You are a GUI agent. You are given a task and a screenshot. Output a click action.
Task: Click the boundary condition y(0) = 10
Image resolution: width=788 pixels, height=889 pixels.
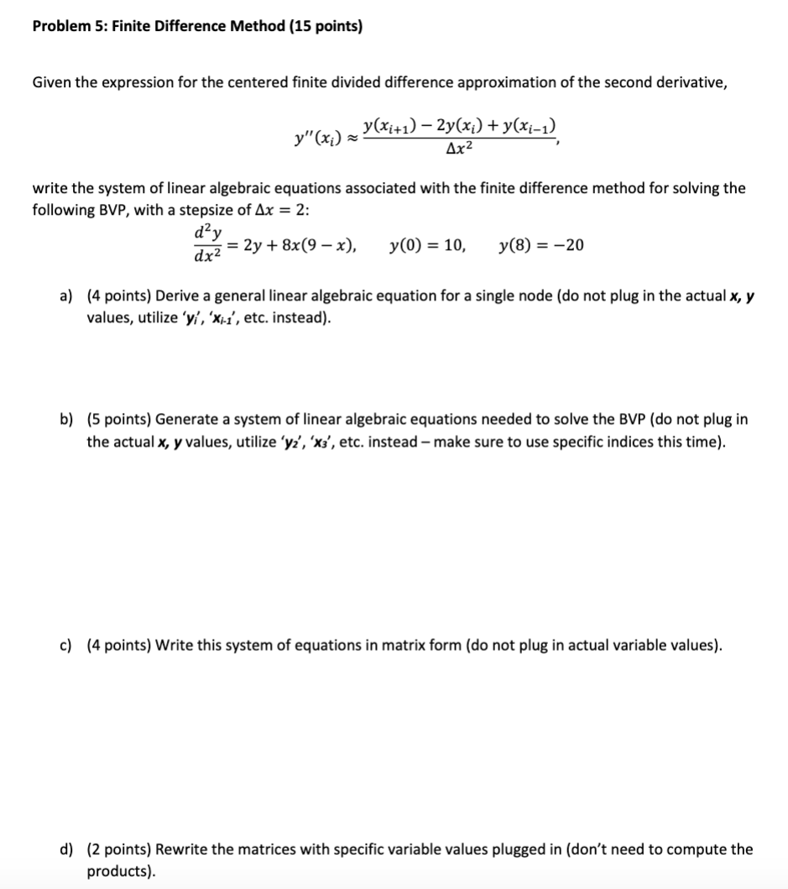click(428, 246)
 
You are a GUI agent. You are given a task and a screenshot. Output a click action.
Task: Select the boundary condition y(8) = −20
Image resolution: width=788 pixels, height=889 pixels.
click(541, 246)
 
